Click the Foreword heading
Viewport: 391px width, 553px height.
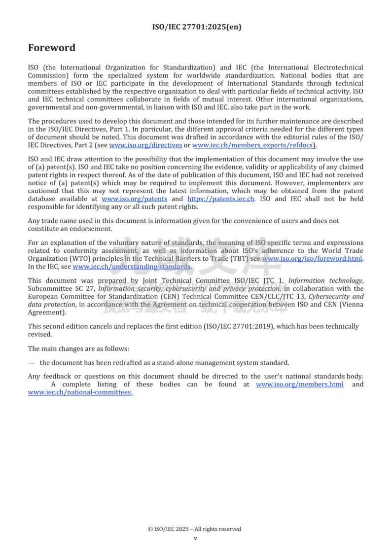pyautogui.click(x=51, y=48)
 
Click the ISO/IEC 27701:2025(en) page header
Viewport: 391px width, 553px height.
pyautogui.click(x=196, y=27)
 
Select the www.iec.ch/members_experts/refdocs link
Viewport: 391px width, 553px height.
pyautogui.click(x=253, y=145)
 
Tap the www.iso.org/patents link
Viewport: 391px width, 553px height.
pyautogui.click(x=134, y=199)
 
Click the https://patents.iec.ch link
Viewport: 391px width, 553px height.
pyautogui.click(x=221, y=199)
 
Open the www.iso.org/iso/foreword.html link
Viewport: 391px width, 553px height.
pyautogui.click(x=312, y=258)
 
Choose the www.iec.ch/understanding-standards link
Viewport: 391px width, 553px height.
pyautogui.click(x=132, y=267)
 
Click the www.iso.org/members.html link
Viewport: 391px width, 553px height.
pyautogui.click(x=299, y=384)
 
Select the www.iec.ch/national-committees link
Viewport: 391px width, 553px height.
pyautogui.click(x=80, y=392)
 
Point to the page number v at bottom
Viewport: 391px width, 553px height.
pyautogui.click(x=195, y=538)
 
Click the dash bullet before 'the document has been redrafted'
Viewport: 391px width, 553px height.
pyautogui.click(x=31, y=362)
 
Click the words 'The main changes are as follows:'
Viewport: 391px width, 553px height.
pyautogui.click(x=78, y=348)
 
